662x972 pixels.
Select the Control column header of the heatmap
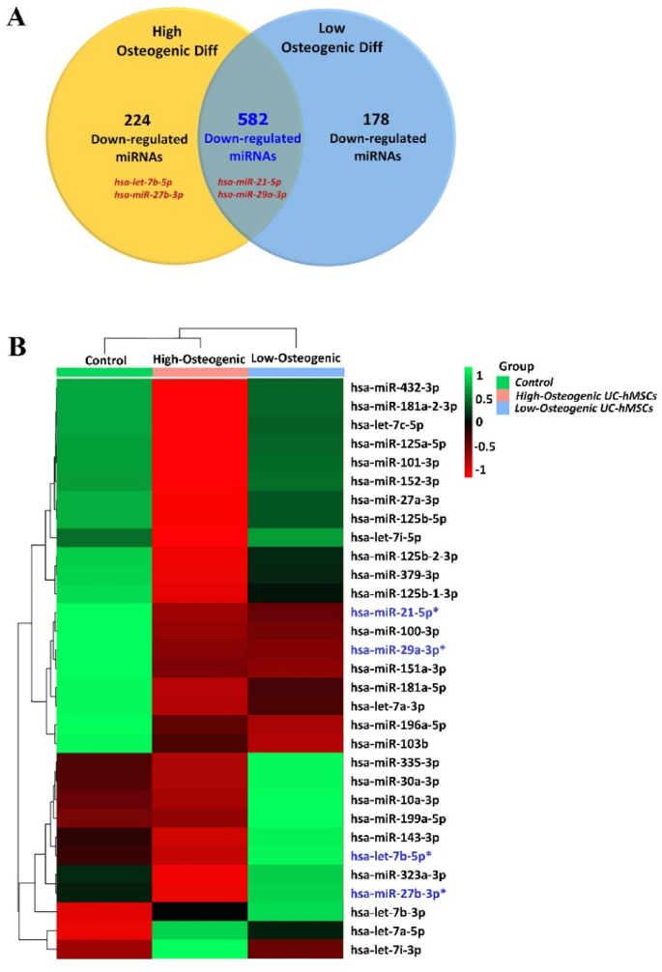pyautogui.click(x=104, y=359)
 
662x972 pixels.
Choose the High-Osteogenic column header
pyautogui.click(x=199, y=359)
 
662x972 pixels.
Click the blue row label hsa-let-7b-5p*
pyautogui.click(x=400, y=856)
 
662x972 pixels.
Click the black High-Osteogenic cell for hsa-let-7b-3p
pyautogui.click(x=199, y=911)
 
